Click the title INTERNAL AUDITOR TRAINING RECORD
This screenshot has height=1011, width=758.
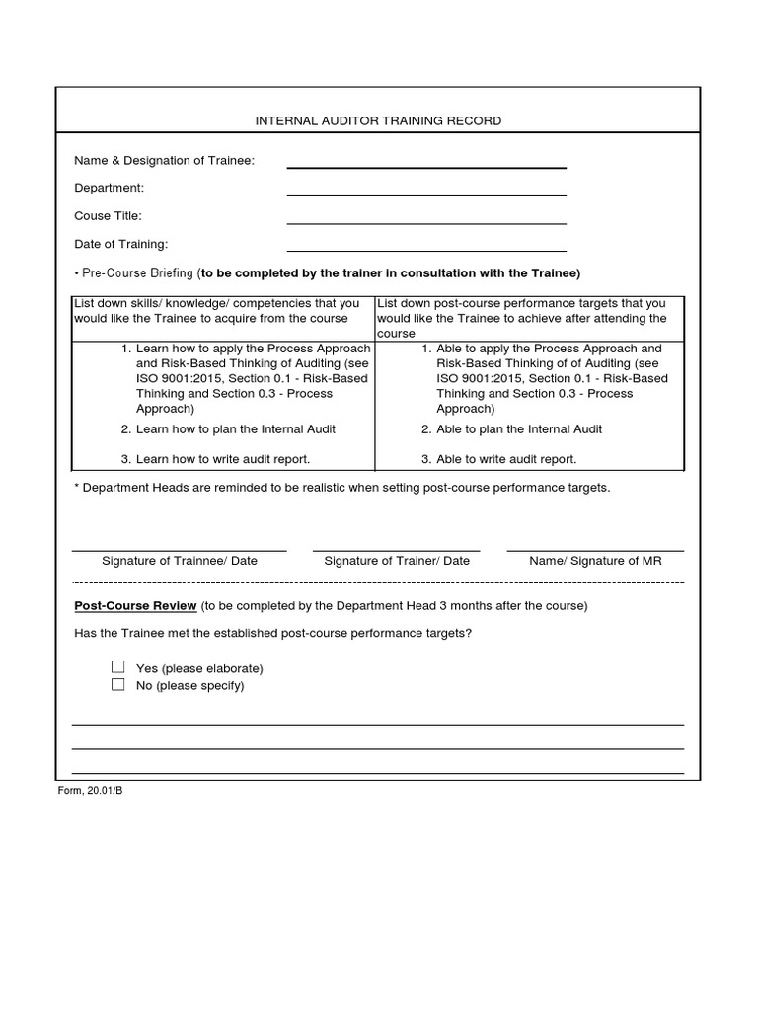(378, 120)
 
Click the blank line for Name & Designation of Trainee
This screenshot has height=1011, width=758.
(426, 166)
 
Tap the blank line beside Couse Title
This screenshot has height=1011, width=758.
(426, 222)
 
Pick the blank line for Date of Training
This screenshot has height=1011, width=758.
(426, 250)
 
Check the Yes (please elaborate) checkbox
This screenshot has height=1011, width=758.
(118, 667)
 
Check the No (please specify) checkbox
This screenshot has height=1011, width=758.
(118, 684)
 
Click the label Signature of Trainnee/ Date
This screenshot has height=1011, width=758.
(179, 561)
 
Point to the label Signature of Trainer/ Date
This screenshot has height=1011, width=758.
(397, 561)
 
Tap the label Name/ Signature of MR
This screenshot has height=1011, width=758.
(595, 561)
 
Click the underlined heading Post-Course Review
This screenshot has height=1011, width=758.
(136, 605)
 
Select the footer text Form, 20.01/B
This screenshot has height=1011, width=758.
(90, 792)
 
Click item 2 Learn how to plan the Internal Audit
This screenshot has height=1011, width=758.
(235, 429)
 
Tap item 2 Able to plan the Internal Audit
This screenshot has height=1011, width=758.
(518, 429)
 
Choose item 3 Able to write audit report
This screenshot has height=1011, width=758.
(505, 459)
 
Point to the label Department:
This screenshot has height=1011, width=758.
(109, 188)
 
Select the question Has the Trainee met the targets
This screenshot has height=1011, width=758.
(272, 633)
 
